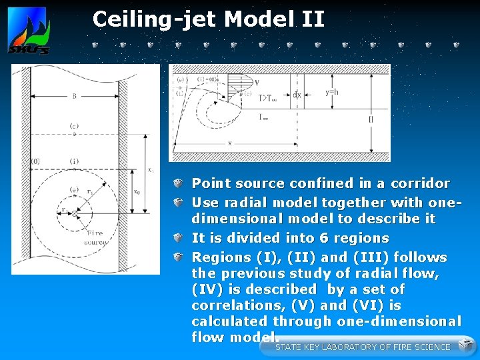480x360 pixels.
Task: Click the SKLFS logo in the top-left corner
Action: point(28,33)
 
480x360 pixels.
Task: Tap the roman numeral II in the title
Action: point(313,19)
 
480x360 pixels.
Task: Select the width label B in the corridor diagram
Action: point(74,96)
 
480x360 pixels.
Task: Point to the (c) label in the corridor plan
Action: point(74,127)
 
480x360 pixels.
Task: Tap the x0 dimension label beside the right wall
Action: point(137,191)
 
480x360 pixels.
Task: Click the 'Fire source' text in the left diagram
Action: point(95,237)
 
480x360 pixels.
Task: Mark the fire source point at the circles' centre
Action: point(75,213)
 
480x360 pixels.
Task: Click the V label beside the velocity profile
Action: point(257,84)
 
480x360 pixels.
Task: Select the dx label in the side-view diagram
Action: point(297,94)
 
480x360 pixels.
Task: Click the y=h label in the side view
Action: point(331,92)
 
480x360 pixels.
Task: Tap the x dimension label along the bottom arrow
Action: point(230,143)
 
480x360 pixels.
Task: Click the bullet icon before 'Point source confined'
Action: point(178,183)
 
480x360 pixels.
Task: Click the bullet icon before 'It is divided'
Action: point(178,238)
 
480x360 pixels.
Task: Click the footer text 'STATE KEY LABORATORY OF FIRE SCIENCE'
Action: point(363,347)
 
